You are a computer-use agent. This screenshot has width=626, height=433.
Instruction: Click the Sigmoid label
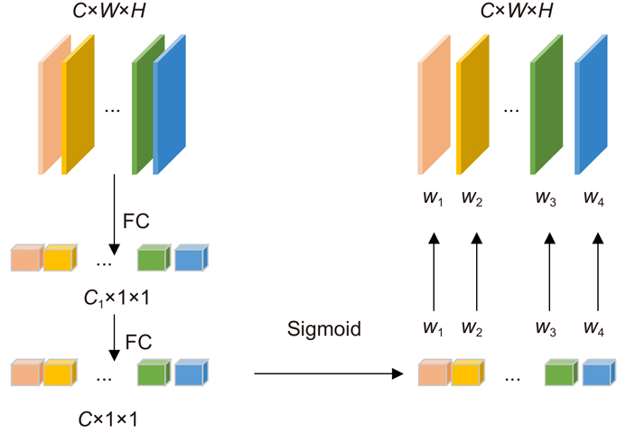click(x=324, y=329)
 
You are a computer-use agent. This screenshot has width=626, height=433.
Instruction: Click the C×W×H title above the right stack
click(x=519, y=13)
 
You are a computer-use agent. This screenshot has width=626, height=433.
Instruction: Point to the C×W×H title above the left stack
click(x=114, y=13)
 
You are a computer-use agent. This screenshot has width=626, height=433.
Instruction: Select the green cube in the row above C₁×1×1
click(x=154, y=260)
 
